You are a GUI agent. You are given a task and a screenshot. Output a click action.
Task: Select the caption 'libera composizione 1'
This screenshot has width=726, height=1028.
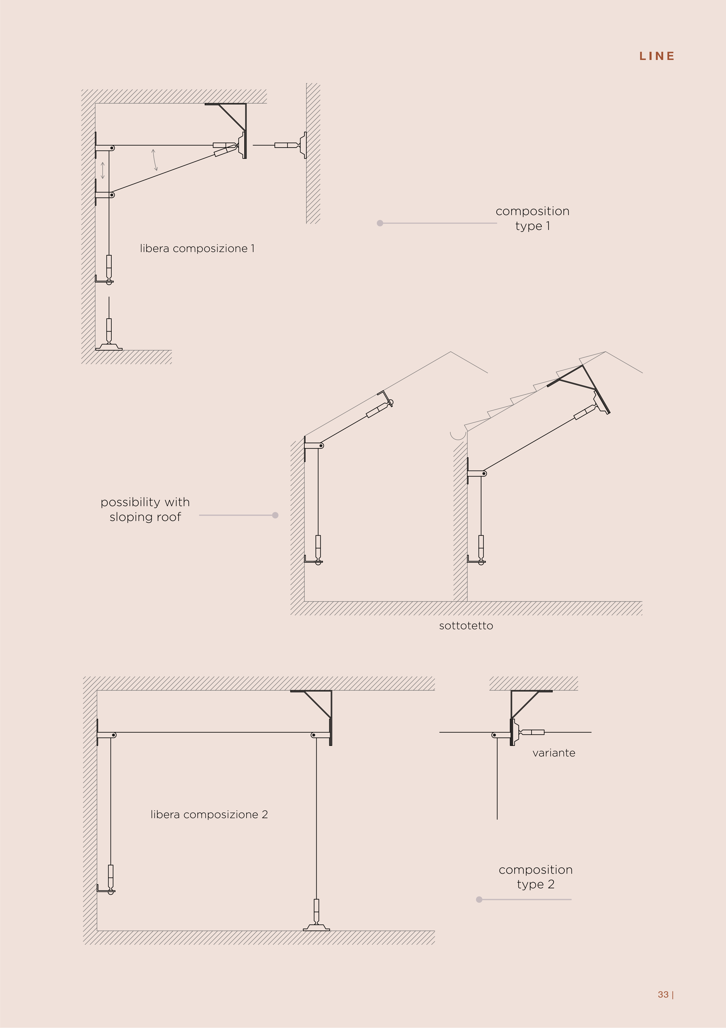[x=197, y=249]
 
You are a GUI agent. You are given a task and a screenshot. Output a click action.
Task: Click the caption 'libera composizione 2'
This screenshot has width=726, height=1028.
[x=209, y=814]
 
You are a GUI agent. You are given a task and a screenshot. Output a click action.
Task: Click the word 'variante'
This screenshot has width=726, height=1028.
[x=554, y=753]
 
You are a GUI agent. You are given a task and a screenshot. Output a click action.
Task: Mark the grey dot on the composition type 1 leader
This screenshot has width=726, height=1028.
[x=380, y=223]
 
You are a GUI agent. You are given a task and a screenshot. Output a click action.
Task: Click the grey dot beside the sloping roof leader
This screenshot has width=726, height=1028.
[x=275, y=515]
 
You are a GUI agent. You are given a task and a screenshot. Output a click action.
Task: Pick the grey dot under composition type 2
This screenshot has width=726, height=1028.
[x=479, y=899]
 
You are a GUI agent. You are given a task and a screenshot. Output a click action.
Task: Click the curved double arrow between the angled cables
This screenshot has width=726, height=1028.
[x=155, y=160]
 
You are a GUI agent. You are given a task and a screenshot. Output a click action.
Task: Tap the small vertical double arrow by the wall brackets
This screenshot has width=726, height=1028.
[x=103, y=171]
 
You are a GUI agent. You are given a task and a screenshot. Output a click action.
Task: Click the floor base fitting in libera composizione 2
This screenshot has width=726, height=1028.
[x=316, y=927]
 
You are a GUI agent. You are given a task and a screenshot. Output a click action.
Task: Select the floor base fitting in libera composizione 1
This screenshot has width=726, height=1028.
[x=109, y=347]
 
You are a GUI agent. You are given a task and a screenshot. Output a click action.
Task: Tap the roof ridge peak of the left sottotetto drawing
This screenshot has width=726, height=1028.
[x=450, y=352]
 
